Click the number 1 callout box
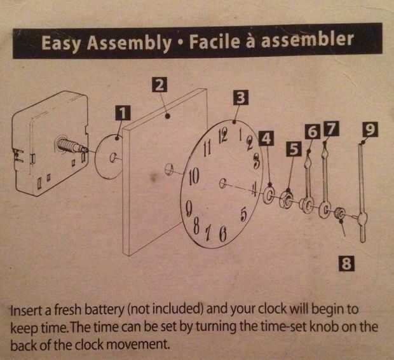click(x=123, y=113)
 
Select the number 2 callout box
click(x=159, y=85)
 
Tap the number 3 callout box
click(x=241, y=97)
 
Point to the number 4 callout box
click(x=267, y=139)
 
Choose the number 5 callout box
click(x=294, y=149)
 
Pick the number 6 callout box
click(x=313, y=131)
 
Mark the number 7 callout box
click(x=332, y=129)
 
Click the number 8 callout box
click(x=346, y=263)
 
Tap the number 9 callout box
click(x=370, y=129)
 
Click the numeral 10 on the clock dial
click(x=194, y=176)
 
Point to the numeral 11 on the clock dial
click(x=207, y=149)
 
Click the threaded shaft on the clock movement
click(x=69, y=144)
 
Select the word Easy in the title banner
click(x=61, y=42)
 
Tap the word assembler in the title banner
click(x=308, y=39)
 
